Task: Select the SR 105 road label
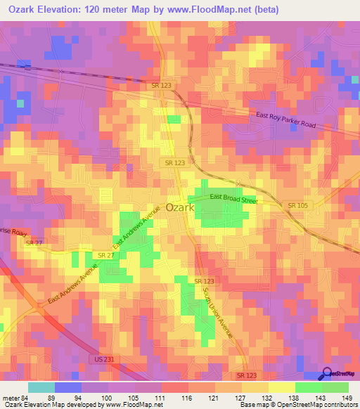(x=297, y=204)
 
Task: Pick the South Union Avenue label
(x=217, y=311)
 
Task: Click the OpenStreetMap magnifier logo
(x=326, y=375)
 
